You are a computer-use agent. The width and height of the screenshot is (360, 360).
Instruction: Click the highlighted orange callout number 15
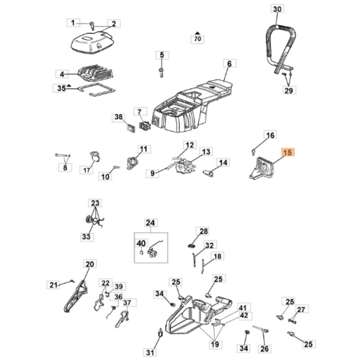pos(288,153)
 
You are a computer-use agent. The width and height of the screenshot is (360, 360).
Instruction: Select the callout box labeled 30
pos(278,9)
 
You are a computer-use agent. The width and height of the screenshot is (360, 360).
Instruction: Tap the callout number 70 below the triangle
pos(197,39)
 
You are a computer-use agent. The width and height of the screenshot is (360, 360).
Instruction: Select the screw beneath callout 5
pos(161,72)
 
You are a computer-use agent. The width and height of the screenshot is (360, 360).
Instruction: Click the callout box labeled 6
pos(229,64)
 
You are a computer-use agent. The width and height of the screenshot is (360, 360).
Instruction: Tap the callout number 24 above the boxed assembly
pos(150,222)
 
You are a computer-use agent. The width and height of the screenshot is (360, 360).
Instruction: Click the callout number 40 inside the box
pos(141,243)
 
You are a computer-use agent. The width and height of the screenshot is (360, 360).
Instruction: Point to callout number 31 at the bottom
pos(150,351)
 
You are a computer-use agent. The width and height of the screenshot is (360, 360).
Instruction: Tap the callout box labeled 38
pos(118,117)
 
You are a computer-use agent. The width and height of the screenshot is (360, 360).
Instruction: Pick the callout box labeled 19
pos(216,344)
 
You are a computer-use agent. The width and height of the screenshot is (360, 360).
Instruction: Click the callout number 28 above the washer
pos(204,231)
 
